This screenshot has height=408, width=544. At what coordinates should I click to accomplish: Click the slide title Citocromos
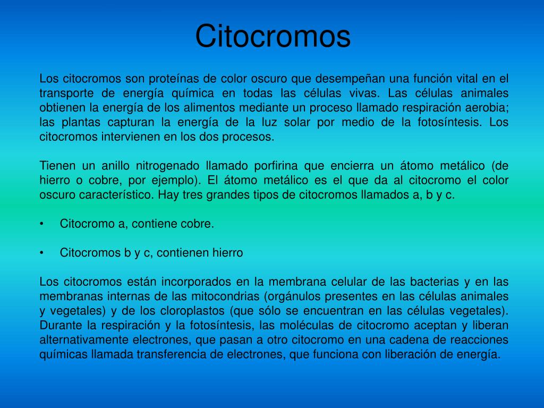click(x=273, y=36)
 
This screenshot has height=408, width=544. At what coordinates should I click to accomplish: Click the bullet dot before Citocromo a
click(x=41, y=224)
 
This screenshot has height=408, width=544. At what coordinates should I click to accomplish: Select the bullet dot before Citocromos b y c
click(x=41, y=253)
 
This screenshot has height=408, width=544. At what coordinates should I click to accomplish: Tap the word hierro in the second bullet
click(x=225, y=253)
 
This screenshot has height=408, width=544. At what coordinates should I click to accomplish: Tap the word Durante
click(x=58, y=325)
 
